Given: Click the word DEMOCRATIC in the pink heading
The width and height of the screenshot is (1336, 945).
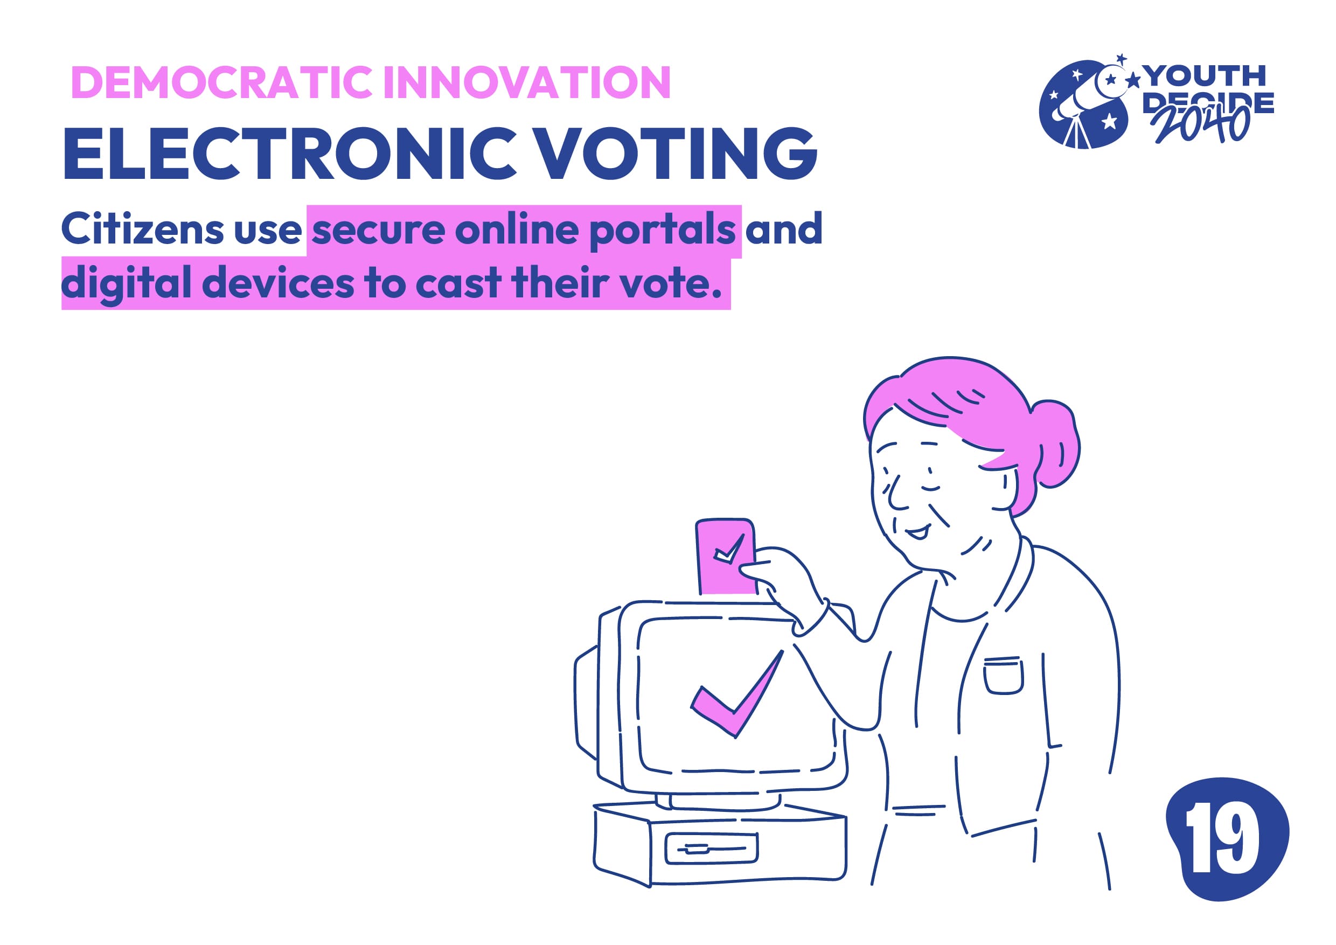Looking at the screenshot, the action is pos(222,82).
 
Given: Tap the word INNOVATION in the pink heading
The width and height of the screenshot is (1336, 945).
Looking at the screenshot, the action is pos(527,82).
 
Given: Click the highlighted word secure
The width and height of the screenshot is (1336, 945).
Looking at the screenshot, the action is pos(379,231).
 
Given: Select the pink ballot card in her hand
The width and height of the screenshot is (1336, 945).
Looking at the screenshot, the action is pos(726,555).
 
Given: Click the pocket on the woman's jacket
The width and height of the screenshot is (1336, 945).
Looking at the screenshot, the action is pos(1003,676).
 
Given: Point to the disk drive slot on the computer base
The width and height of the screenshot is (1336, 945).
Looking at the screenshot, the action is pos(712,849).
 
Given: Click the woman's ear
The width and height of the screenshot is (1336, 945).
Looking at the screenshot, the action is pos(1009,486).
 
